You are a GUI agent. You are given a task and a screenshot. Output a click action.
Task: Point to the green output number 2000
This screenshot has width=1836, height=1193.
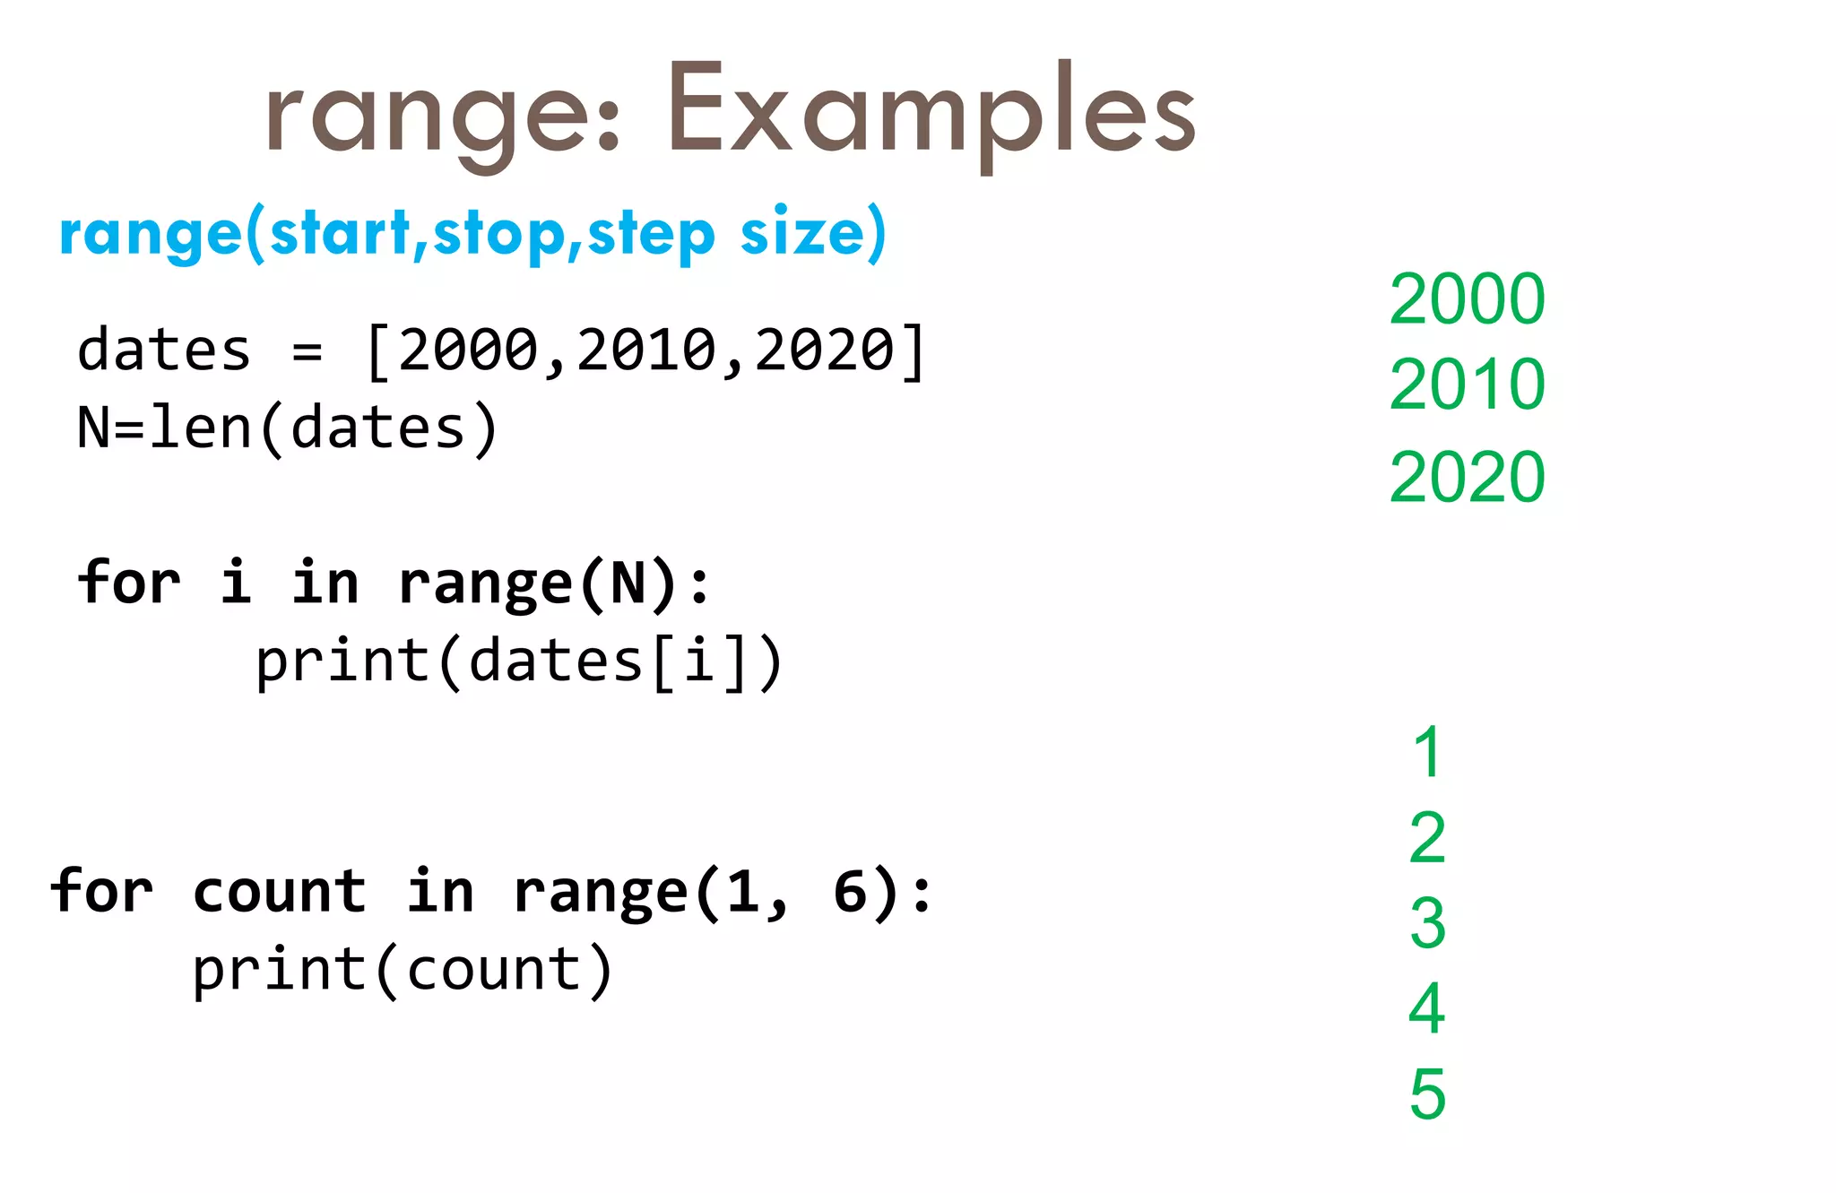[x=1467, y=299]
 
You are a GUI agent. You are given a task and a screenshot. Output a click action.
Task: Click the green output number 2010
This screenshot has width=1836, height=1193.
[x=1467, y=385]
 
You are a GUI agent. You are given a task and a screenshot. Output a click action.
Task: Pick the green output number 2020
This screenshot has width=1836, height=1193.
[x=1467, y=477]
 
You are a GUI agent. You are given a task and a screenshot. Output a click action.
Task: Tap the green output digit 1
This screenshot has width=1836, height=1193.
[x=1427, y=753]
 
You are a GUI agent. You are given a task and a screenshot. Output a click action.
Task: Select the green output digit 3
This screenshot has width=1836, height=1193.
[x=1427, y=923]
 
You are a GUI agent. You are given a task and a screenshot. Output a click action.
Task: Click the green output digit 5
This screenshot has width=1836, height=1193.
[x=1427, y=1094]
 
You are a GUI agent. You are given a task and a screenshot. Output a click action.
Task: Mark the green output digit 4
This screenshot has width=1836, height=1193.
[x=1427, y=1008]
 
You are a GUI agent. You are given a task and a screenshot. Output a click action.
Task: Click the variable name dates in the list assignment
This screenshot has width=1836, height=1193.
[x=163, y=350]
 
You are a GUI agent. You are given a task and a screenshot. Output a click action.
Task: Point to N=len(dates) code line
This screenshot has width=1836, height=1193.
[x=287, y=428]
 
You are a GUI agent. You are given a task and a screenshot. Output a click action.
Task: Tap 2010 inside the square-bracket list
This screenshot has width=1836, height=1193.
[x=645, y=350]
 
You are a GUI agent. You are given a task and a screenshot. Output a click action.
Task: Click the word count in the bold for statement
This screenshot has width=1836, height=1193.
[x=280, y=893]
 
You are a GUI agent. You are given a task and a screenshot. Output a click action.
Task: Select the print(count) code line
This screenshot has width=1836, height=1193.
[x=403, y=971]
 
